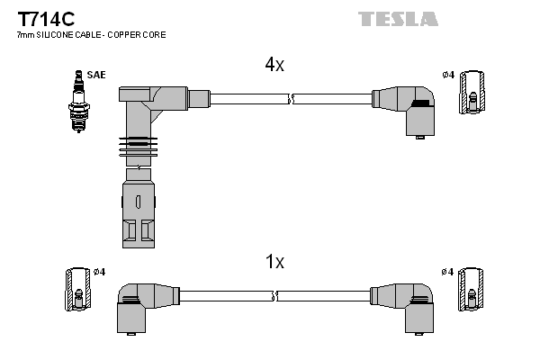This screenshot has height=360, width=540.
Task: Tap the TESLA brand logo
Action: click(398, 18)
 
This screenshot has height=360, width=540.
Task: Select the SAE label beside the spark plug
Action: click(95, 75)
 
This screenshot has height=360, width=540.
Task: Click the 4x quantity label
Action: click(274, 65)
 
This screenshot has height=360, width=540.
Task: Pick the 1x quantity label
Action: click(274, 262)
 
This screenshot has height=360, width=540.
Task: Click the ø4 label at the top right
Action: click(448, 74)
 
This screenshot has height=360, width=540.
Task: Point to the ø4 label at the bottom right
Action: click(448, 272)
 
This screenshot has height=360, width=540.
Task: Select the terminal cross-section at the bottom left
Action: click(76, 290)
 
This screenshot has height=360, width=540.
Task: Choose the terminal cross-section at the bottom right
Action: click(470, 290)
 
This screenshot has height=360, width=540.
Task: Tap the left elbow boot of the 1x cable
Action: click(138, 307)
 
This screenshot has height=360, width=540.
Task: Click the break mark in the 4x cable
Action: click(292, 96)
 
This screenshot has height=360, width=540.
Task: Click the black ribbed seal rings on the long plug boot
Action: click(136, 144)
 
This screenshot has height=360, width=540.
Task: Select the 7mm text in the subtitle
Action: click(27, 35)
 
